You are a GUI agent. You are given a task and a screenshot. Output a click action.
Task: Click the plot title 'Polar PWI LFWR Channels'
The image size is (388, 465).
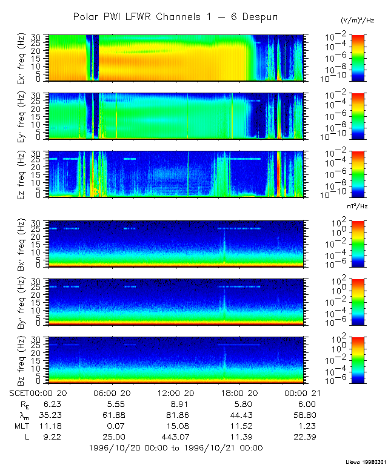[x=175, y=16]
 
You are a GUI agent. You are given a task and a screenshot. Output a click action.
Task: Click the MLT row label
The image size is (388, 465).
[x=20, y=426]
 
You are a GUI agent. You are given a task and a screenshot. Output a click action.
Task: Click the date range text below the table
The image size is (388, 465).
[x=175, y=448]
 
